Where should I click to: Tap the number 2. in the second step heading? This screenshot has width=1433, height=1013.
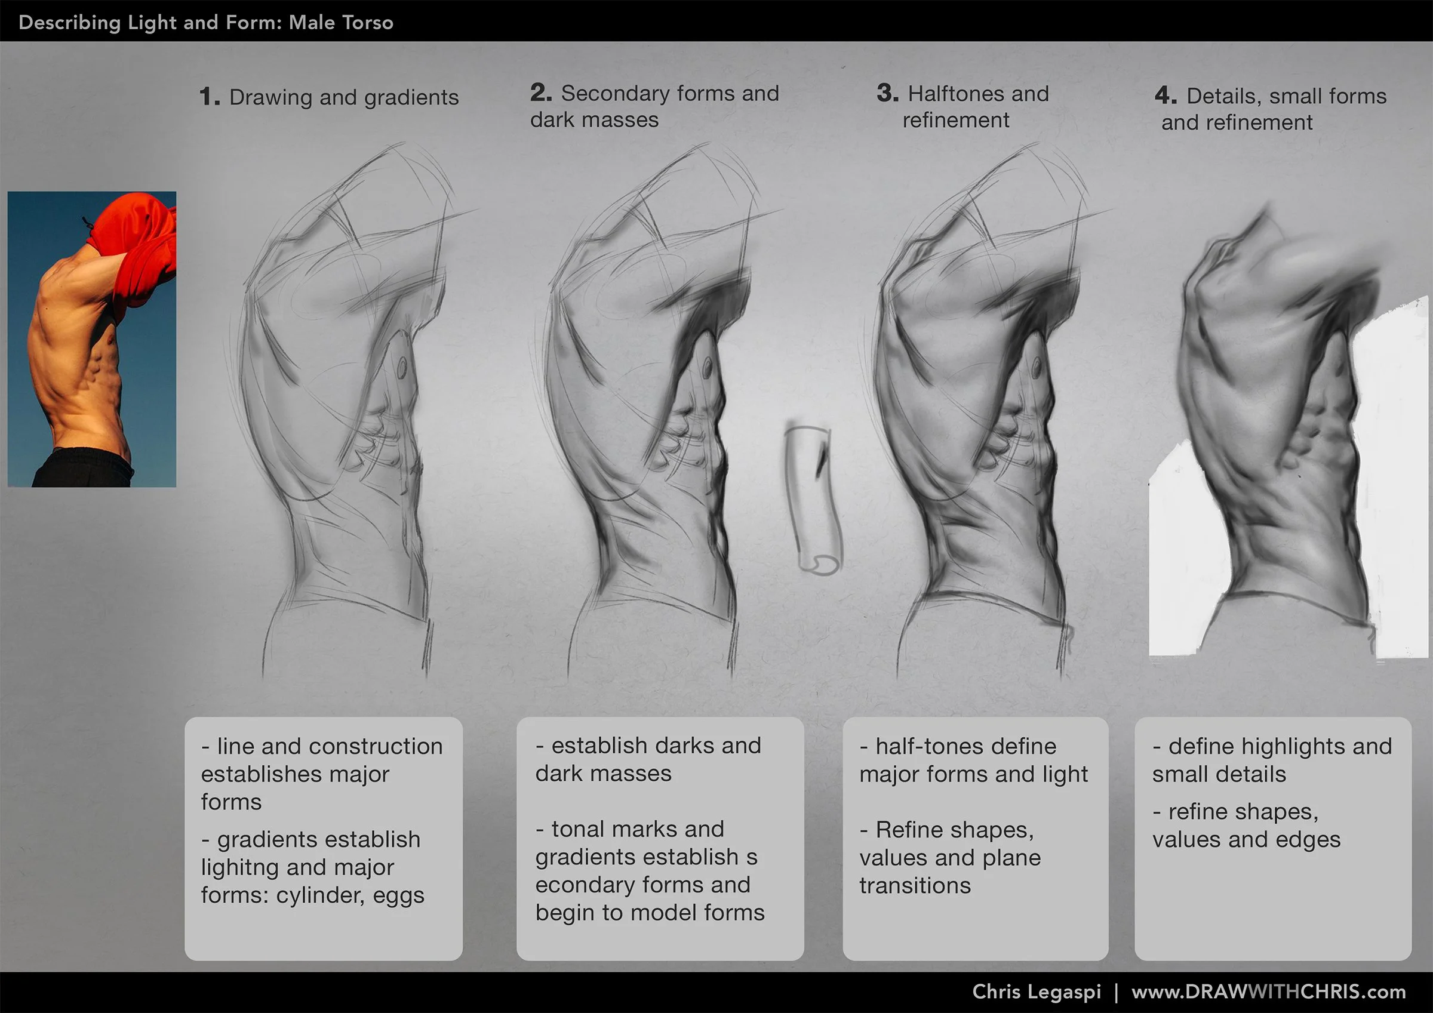pyautogui.click(x=540, y=94)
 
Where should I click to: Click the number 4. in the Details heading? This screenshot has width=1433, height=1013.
pyautogui.click(x=1166, y=96)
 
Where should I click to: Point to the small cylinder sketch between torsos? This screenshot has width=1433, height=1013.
pyautogui.click(x=813, y=499)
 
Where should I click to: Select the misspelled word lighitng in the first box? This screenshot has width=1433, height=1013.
pyautogui.click(x=240, y=867)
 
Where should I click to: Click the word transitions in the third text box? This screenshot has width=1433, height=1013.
pyautogui.click(x=915, y=886)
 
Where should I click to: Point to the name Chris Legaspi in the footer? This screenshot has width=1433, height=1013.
pyautogui.click(x=1036, y=992)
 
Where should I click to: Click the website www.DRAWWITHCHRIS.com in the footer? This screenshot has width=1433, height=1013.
pyautogui.click(x=1268, y=992)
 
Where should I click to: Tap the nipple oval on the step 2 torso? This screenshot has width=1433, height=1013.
pyautogui.click(x=707, y=369)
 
